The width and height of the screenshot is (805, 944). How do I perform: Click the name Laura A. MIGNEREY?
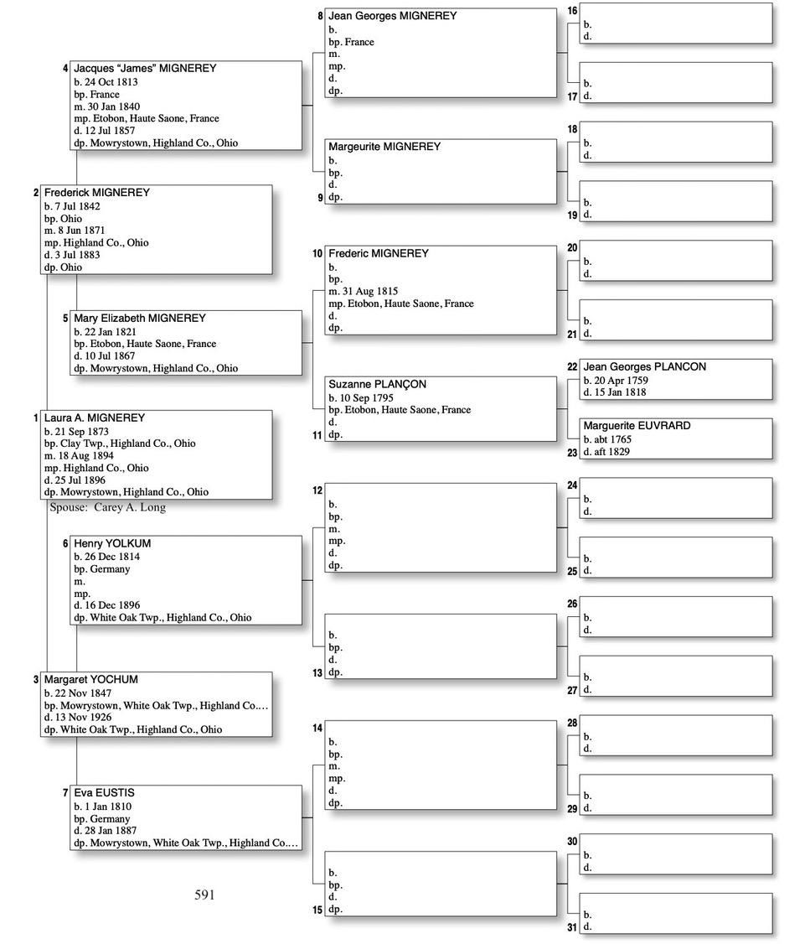(95, 418)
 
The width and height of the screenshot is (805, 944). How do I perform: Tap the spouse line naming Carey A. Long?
(108, 507)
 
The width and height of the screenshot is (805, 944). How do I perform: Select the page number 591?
(204, 895)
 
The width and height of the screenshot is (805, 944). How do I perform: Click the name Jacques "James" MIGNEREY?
(145, 68)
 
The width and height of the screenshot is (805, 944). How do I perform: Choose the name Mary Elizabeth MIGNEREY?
(140, 319)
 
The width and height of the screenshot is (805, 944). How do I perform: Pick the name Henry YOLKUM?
(112, 543)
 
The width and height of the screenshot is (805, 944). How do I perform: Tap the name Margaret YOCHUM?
(91, 679)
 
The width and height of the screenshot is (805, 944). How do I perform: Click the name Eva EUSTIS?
(104, 792)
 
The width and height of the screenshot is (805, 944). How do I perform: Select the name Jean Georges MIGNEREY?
(393, 16)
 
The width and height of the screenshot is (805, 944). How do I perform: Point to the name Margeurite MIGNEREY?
(384, 147)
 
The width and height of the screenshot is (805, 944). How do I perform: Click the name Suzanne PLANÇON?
(377, 384)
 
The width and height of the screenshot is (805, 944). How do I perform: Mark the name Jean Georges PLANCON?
(645, 366)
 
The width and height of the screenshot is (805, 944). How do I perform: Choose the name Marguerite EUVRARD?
(637, 426)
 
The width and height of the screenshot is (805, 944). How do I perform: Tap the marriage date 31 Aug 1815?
(368, 292)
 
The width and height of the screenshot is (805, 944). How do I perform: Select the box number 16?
(572, 11)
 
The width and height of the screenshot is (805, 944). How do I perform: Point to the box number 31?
(572, 926)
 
